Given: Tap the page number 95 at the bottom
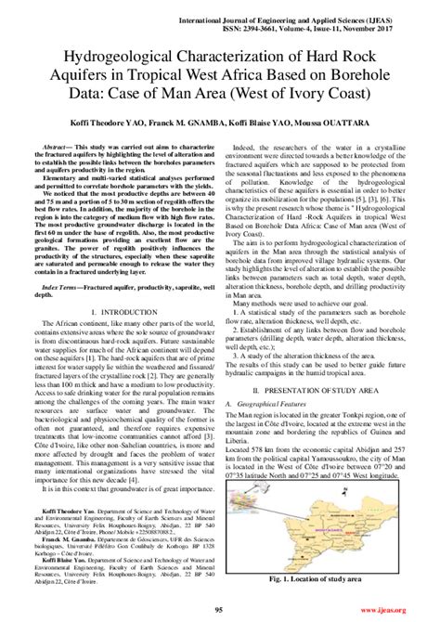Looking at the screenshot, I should pos(219,609).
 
